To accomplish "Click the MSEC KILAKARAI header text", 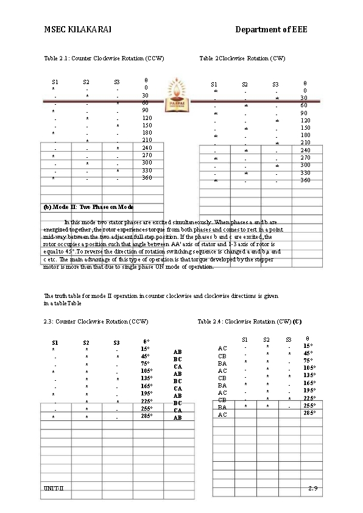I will point(77,30).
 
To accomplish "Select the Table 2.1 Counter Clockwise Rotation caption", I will point(104,58).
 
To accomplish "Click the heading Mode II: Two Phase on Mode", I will point(89,207).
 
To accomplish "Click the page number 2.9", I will point(313,489).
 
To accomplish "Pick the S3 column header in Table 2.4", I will point(288,339).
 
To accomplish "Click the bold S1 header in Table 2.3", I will point(55,342).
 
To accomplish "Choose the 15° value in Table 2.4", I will point(308,345).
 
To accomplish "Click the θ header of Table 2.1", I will point(146,80).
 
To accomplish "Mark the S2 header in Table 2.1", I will point(86,82).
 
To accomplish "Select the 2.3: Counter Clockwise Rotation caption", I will point(96,321).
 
